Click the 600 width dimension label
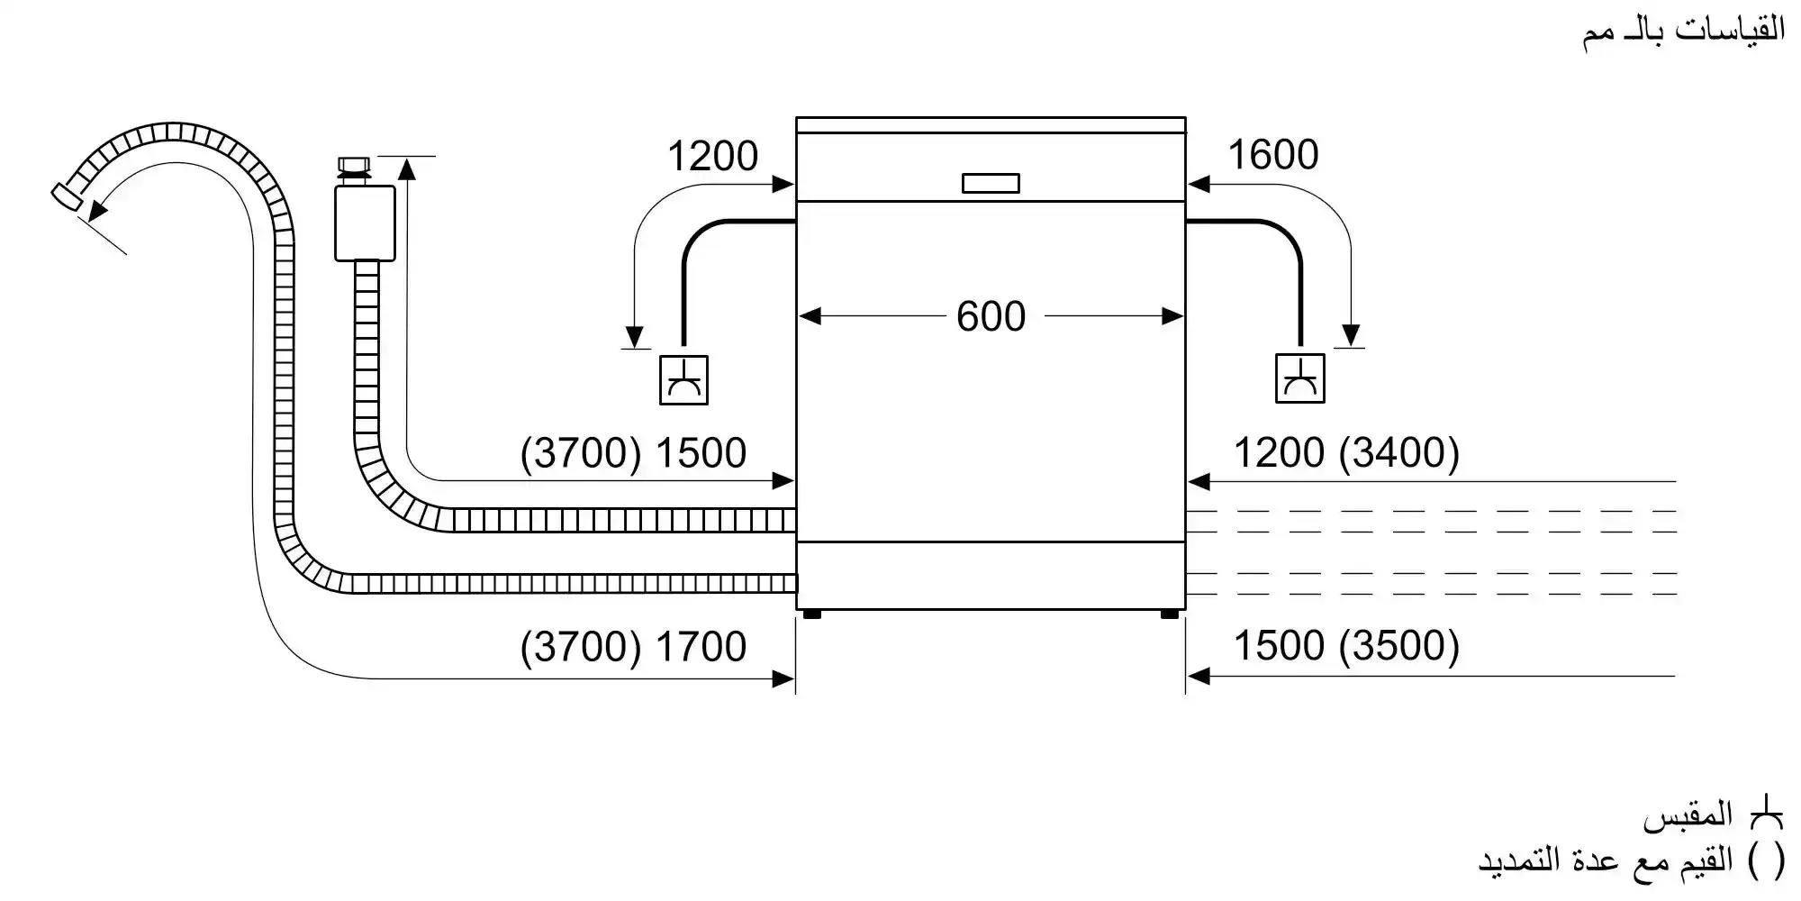click(991, 316)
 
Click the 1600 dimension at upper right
click(1272, 155)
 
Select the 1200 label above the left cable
click(712, 157)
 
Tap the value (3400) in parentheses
click(1398, 452)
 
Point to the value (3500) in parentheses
click(1398, 646)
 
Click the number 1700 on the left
click(701, 647)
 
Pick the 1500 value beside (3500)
click(1278, 646)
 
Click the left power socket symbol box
click(683, 379)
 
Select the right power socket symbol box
click(1299, 378)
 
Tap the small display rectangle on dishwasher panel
click(991, 183)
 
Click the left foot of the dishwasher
click(811, 614)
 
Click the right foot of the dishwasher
click(1169, 614)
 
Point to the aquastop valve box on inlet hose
click(365, 223)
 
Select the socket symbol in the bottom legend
click(1766, 815)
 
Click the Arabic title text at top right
click(1684, 32)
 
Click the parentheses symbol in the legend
click(1766, 861)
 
